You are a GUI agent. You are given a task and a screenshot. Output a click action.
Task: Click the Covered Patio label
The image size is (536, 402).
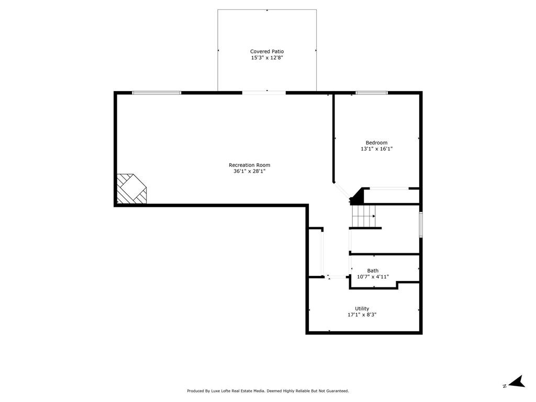pyautogui.click(x=267, y=51)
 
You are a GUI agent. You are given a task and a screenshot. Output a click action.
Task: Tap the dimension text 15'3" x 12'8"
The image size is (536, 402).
pyautogui.click(x=267, y=58)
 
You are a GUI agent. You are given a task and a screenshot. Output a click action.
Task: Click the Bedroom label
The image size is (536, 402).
pyautogui.click(x=376, y=143)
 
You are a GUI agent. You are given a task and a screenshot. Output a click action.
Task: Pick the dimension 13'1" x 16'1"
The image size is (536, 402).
pyautogui.click(x=376, y=149)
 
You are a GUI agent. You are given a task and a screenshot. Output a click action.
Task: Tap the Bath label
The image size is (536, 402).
pyautogui.click(x=373, y=271)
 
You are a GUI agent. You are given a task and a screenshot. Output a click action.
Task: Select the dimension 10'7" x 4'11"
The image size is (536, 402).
pyautogui.click(x=373, y=277)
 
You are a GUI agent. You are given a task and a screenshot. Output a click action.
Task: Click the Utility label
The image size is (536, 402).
pyautogui.click(x=362, y=309)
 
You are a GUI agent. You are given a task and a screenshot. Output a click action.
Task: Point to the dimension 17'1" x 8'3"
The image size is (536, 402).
pyautogui.click(x=362, y=315)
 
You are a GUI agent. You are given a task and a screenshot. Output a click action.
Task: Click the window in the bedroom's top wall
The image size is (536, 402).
pyautogui.click(x=372, y=93)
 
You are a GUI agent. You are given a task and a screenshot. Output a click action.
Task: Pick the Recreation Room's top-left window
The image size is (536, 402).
pyautogui.click(x=157, y=93)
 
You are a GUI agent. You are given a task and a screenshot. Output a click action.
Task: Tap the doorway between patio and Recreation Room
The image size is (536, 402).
pyautogui.click(x=264, y=93)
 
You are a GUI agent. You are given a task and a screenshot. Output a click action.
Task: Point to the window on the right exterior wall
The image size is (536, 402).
pyautogui.click(x=420, y=225)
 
